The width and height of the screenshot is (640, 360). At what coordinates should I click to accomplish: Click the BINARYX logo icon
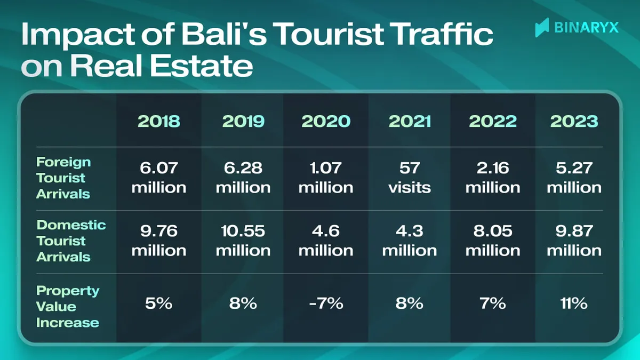(x=542, y=27)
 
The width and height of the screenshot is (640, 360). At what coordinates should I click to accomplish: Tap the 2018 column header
(x=159, y=121)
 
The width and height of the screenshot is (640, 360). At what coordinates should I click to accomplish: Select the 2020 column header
(x=326, y=121)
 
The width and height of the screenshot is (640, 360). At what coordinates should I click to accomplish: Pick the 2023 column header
(x=574, y=121)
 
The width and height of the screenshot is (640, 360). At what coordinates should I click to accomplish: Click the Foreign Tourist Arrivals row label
(x=63, y=178)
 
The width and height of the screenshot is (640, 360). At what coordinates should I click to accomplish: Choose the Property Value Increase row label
(x=68, y=307)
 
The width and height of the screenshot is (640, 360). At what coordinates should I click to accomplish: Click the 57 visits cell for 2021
(x=410, y=178)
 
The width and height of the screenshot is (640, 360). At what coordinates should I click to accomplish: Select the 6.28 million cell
(x=243, y=178)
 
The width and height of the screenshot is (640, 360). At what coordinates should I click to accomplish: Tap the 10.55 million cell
(x=243, y=241)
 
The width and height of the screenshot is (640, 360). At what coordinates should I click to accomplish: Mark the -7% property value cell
(x=326, y=304)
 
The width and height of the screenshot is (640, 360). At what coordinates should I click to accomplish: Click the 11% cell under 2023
(x=574, y=304)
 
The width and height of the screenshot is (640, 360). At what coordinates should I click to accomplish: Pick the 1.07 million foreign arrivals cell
(x=326, y=178)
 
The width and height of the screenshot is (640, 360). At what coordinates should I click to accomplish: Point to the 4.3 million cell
(x=410, y=241)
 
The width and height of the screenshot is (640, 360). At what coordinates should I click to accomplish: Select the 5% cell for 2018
(x=159, y=304)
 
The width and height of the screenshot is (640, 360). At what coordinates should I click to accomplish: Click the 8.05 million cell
(x=492, y=241)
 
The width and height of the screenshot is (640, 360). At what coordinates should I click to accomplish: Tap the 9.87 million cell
(x=574, y=241)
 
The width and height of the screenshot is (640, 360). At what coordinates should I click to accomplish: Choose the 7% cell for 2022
(x=492, y=304)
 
